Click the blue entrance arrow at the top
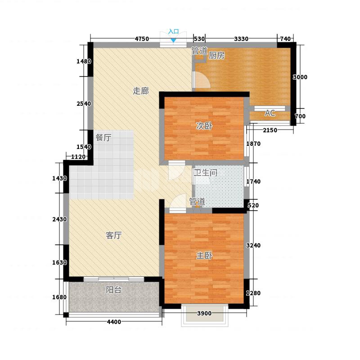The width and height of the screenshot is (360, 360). pyautogui.click(x=174, y=40)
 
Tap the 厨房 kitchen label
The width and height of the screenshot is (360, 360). pyautogui.click(x=216, y=55)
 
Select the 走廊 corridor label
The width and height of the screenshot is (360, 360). pyautogui.click(x=141, y=91)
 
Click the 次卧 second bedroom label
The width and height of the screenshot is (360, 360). pyautogui.click(x=204, y=126)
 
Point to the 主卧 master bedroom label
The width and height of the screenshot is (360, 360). pyautogui.click(x=204, y=256)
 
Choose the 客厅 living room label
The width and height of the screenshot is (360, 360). pyautogui.click(x=114, y=235)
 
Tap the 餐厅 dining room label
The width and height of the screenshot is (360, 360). pyautogui.click(x=103, y=138)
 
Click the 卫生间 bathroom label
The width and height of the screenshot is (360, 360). pyautogui.click(x=205, y=173)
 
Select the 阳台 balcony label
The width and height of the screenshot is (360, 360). pyautogui.click(x=113, y=290)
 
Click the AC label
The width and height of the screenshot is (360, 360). pyautogui.click(x=270, y=113)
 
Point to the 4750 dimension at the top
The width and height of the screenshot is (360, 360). pyautogui.click(x=142, y=39)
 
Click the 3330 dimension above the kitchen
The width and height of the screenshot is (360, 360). pyautogui.click(x=241, y=39)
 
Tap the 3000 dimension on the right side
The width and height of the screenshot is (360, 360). pyautogui.click(x=300, y=77)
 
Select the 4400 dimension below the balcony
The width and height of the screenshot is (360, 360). pyautogui.click(x=114, y=322)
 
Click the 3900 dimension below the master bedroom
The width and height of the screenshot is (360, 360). pyautogui.click(x=204, y=313)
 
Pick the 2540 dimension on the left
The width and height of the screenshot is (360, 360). pyautogui.click(x=84, y=104)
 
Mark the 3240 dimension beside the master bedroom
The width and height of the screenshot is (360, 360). pyautogui.click(x=253, y=245)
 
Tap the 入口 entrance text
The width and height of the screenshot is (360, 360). pyautogui.click(x=174, y=31)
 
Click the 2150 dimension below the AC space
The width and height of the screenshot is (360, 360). pyautogui.click(x=270, y=130)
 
